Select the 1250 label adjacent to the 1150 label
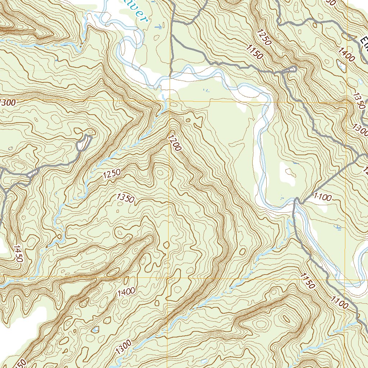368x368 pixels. [x=263, y=37]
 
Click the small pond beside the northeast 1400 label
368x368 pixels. [x=340, y=65]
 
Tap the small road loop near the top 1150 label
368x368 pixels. [x=289, y=70]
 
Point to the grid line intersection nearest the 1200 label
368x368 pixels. [x=169, y=102]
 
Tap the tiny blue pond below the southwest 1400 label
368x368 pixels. [x=95, y=328]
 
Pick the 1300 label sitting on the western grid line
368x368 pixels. [x=7, y=102]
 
